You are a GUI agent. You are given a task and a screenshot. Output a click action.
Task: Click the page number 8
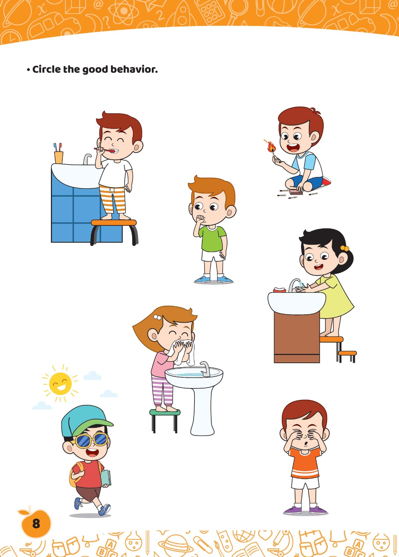pos(36,524)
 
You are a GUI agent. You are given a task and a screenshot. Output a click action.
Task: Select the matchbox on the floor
pos(296,192)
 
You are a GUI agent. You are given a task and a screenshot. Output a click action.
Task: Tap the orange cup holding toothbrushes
pos(59,157)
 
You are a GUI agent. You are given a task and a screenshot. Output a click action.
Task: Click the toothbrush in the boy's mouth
pos(104,150)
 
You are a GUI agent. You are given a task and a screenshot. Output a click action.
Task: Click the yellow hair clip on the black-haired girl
pos(344,248)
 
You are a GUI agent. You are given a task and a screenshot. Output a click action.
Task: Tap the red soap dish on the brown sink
pos(279,289)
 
